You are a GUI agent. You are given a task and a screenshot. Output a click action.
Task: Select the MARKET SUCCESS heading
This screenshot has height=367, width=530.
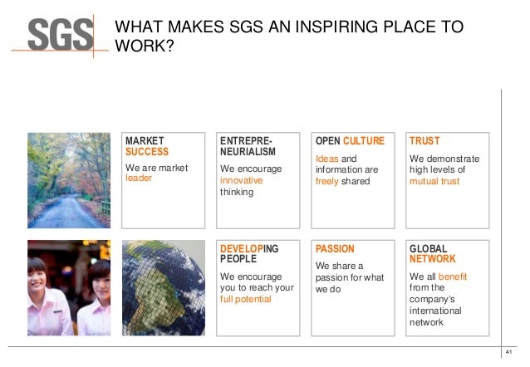point(146,146)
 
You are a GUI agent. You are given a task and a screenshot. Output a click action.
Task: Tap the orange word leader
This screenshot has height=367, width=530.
point(139,179)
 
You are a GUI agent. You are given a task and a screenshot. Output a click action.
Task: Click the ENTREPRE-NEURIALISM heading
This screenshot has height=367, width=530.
point(244,147)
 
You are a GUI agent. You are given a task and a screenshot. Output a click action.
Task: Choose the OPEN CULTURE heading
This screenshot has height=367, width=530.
point(350,141)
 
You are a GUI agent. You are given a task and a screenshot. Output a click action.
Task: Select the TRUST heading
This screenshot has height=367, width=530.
point(424,141)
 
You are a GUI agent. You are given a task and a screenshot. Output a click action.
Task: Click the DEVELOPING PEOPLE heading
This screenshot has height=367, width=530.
point(249,254)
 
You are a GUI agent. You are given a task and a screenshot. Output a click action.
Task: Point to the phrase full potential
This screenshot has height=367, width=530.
point(245,299)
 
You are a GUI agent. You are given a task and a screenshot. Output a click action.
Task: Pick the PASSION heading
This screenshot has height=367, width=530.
point(335,248)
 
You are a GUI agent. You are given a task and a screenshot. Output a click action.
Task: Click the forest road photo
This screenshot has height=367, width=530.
point(69,179)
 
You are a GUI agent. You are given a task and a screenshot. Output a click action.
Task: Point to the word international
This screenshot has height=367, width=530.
point(435,311)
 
